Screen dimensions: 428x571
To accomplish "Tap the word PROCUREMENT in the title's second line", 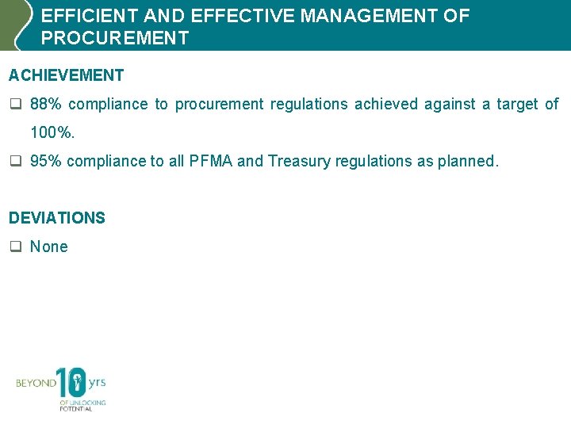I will coord(115,38).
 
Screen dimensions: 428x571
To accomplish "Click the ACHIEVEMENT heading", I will coord(66,75).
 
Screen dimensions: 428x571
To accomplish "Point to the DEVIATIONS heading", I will coord(56,218).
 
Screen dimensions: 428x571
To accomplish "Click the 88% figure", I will coord(45,105).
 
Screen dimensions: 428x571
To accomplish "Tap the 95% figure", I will coord(45,161).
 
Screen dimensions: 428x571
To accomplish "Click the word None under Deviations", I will coord(49,246).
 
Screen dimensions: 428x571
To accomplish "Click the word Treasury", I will coord(299,161).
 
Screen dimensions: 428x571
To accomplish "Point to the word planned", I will coord(468,161).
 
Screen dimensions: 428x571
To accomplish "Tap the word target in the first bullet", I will coord(517,105).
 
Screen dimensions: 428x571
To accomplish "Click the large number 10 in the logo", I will coord(72,384).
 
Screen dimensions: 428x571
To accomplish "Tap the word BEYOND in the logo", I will coord(36,384).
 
